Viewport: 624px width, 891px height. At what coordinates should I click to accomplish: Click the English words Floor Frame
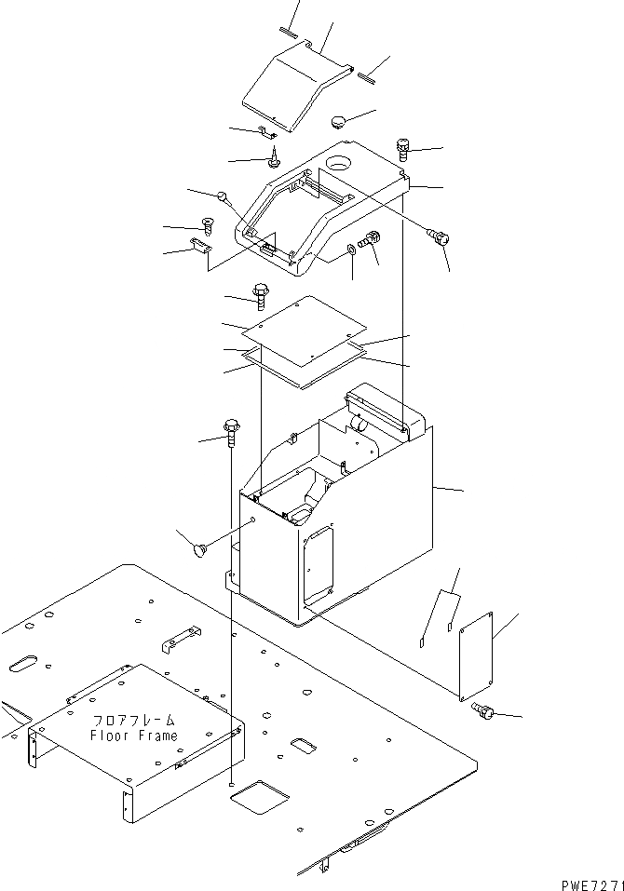[x=133, y=736]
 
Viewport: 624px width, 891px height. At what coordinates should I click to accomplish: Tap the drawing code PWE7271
[x=592, y=881]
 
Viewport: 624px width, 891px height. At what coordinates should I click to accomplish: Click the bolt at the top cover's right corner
[x=403, y=146]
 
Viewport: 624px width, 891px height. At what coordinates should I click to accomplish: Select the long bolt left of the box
[x=231, y=433]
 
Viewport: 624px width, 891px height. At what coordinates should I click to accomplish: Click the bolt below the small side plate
[x=483, y=712]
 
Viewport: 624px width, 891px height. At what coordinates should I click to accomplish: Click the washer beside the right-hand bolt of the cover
[x=350, y=249]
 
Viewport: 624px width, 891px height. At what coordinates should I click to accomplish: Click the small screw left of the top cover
[x=208, y=224]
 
